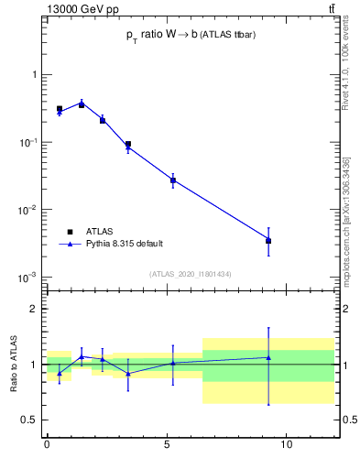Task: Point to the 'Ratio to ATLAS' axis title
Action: click(15, 364)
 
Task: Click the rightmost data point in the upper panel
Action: click(268, 241)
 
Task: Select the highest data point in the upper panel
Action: click(82, 104)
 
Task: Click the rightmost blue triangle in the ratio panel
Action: click(268, 357)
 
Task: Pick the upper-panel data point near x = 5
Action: click(173, 180)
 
